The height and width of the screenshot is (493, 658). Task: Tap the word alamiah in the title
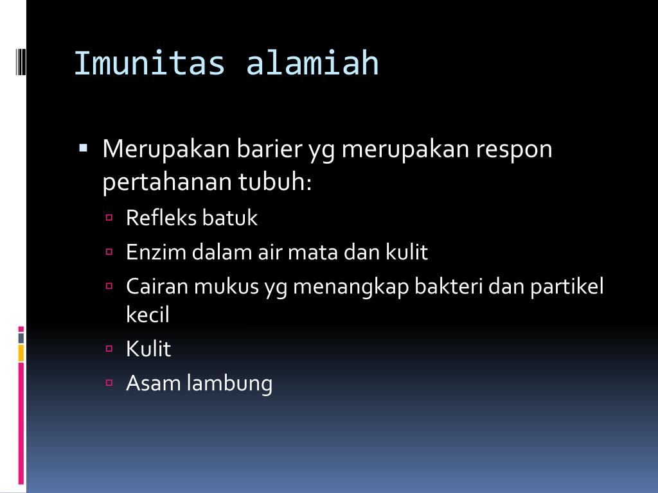point(313,64)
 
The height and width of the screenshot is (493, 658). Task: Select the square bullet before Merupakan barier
point(84,148)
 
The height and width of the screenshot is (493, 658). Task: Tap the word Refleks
point(161,218)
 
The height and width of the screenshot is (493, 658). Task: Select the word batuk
point(229,218)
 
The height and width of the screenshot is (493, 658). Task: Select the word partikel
point(567,286)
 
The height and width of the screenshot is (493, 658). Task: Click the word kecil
point(148,315)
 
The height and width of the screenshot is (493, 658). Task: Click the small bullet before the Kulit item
point(109,349)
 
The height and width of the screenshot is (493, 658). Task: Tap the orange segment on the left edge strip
point(21,353)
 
